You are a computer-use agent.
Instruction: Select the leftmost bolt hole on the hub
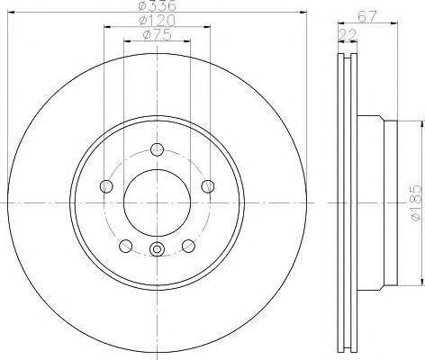106,186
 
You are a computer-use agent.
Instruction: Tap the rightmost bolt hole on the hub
208,186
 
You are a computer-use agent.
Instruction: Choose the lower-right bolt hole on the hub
188,246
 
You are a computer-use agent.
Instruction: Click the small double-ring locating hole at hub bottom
157,251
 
